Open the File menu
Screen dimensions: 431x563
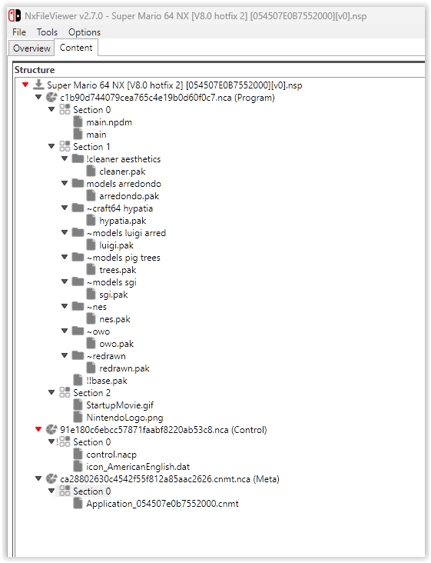19,32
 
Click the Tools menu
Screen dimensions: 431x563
47,32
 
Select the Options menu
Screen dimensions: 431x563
85,32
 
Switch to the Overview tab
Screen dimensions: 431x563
31,48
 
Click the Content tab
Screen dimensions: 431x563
76,48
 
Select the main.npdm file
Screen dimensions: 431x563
109,122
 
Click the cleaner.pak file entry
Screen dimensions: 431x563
122,172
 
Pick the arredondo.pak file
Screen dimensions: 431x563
129,196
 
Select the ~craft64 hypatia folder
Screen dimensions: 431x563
120,208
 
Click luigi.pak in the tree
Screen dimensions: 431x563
116,245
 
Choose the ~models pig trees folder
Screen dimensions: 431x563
124,258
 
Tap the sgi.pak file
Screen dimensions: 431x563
113,295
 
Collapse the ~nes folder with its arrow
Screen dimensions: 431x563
65,306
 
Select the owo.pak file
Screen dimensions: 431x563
116,344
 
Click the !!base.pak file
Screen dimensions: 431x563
107,381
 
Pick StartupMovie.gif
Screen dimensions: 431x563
120,405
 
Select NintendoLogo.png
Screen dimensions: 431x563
124,418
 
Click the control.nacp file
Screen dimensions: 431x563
111,455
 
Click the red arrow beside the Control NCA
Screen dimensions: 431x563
38,429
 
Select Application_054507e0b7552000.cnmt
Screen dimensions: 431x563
162,504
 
